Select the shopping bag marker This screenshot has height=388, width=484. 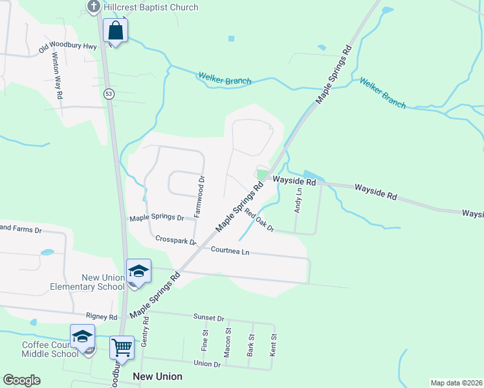115,30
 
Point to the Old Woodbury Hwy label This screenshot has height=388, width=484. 67,47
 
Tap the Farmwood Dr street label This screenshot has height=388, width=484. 201,196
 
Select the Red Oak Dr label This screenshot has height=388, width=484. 259,223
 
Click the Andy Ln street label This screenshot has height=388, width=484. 298,200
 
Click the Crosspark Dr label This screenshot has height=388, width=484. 176,240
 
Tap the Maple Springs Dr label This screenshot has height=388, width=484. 157,218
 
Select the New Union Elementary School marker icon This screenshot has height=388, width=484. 138,271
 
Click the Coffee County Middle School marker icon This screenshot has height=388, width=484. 83,336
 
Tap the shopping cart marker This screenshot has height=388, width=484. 122,348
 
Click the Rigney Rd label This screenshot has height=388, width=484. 104,317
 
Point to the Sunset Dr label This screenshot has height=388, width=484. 208,318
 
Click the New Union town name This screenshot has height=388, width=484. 157,376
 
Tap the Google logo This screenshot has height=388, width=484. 21,380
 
